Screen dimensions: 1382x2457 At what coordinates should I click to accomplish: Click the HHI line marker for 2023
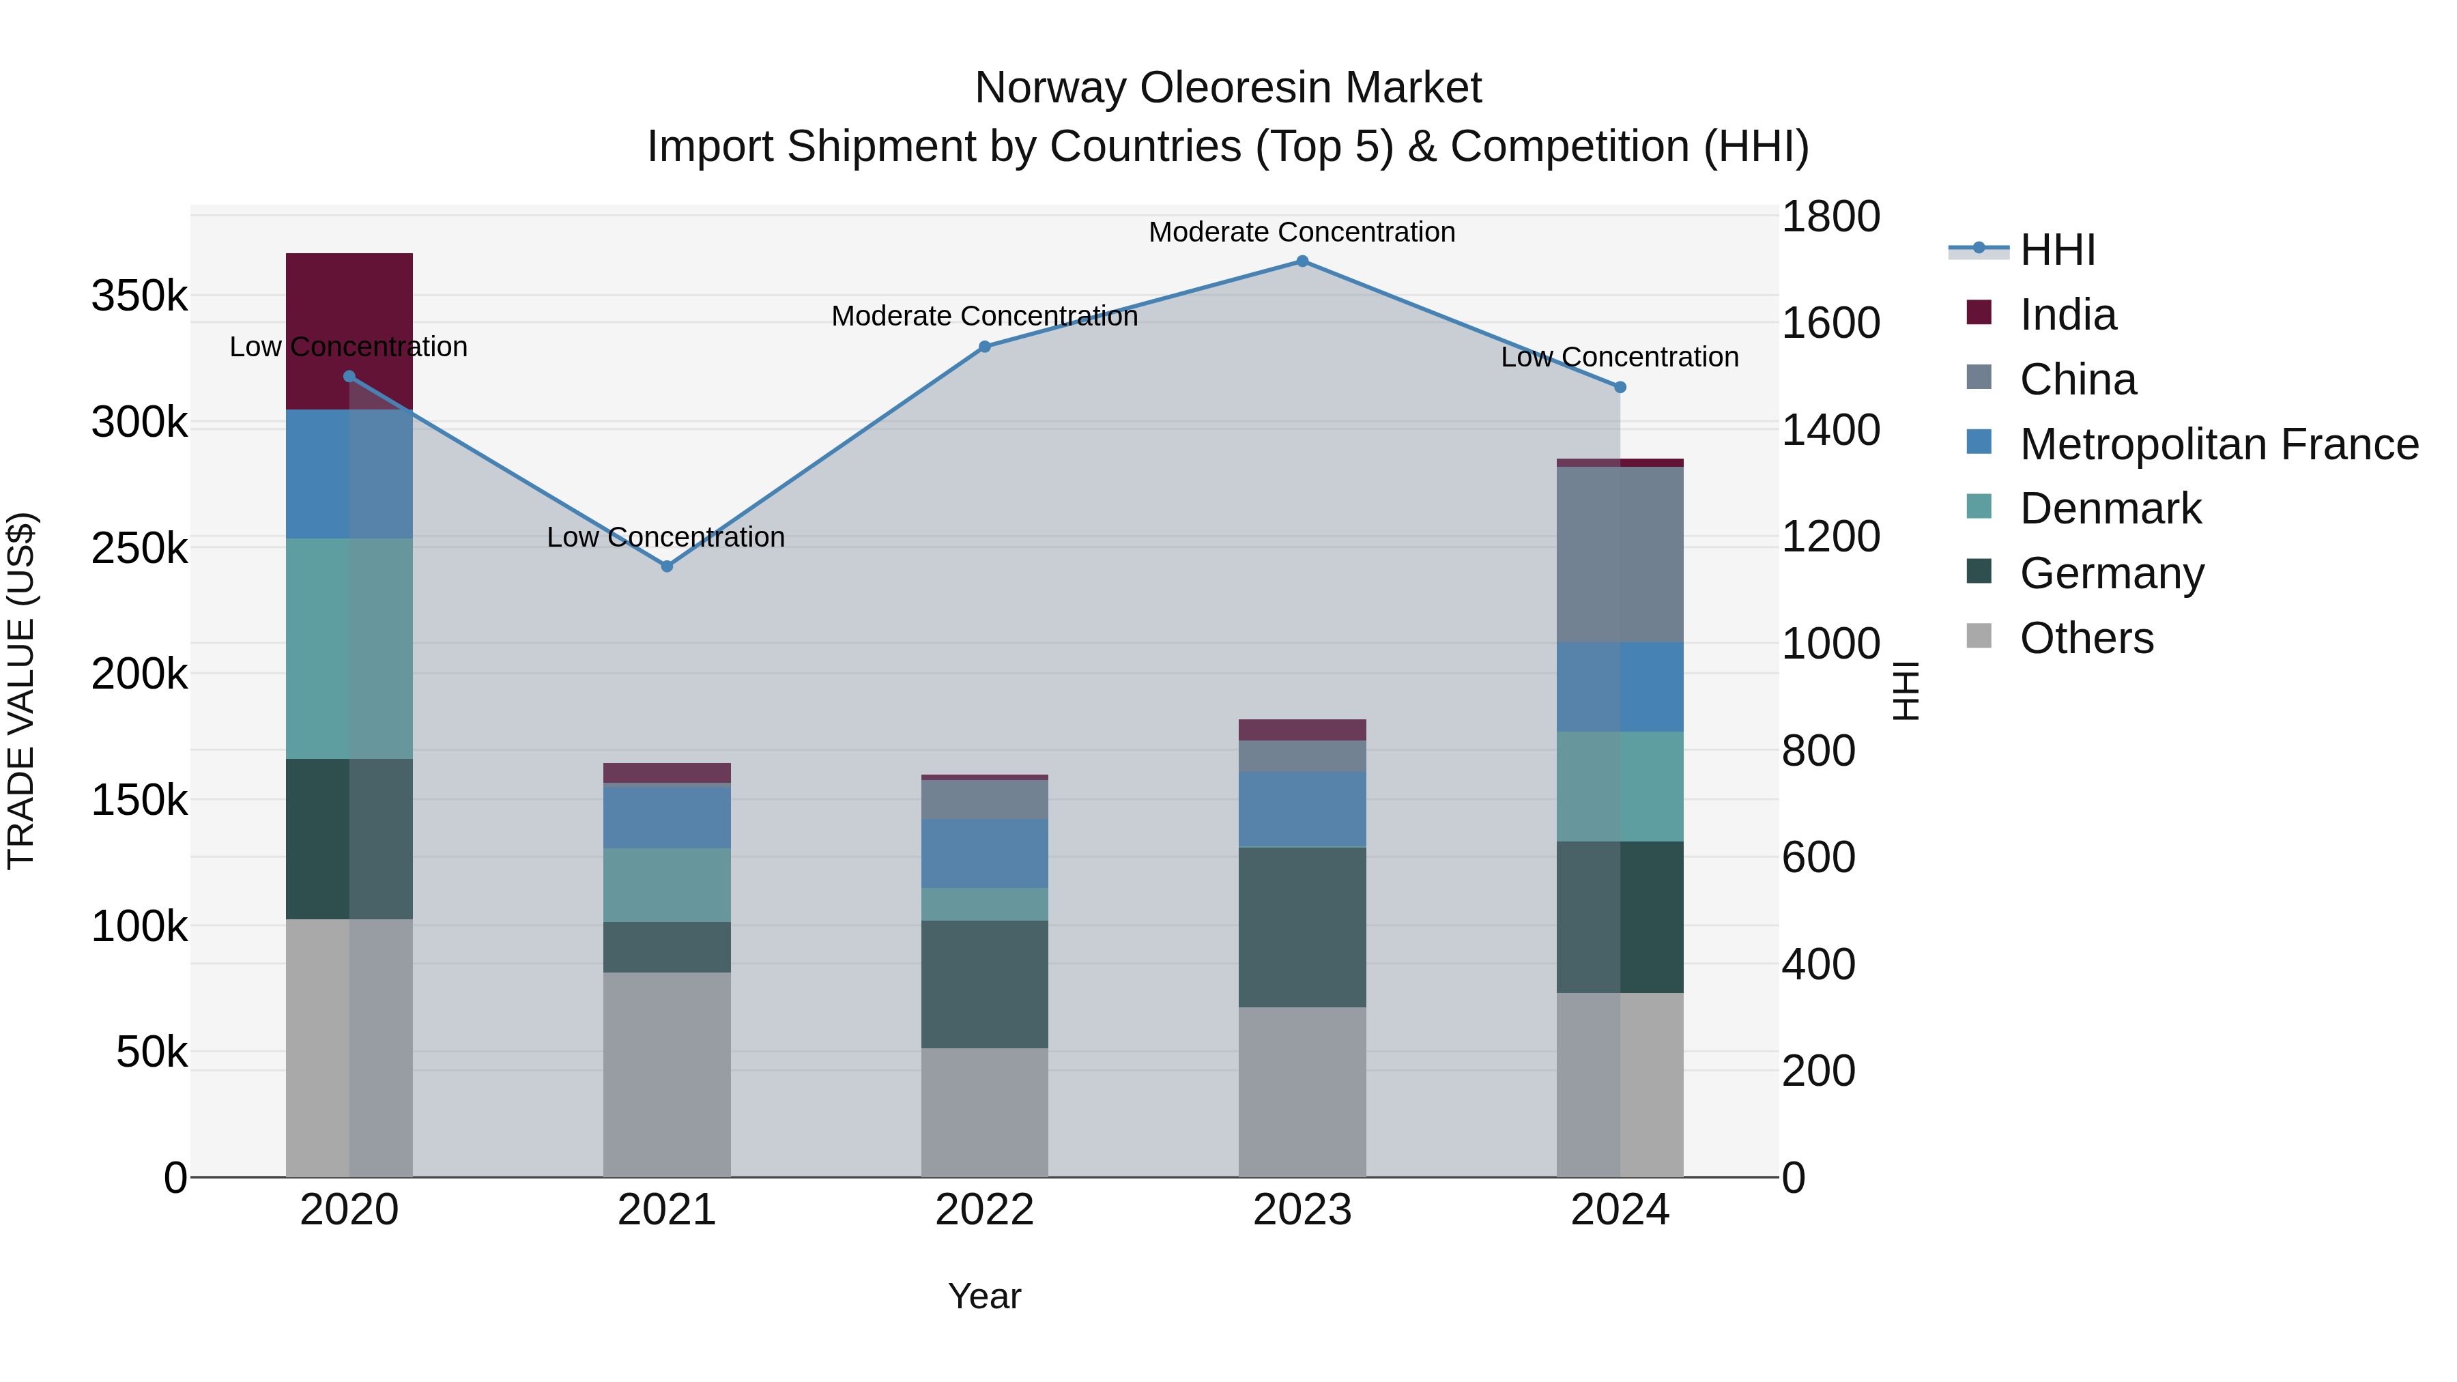pyautogui.click(x=1302, y=261)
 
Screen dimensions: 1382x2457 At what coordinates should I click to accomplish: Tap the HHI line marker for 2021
pyautogui.click(x=667, y=566)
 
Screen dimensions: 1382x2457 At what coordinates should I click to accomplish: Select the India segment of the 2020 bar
pyautogui.click(x=349, y=331)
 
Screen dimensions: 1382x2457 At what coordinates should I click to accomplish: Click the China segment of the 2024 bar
pyautogui.click(x=1620, y=554)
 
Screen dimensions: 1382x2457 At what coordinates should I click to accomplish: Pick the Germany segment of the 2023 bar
pyautogui.click(x=1302, y=926)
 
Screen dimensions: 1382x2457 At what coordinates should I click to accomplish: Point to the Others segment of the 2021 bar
pyautogui.click(x=667, y=1074)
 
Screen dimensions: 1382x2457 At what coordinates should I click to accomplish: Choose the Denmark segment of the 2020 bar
pyautogui.click(x=349, y=648)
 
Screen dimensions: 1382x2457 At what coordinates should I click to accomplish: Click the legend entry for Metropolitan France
pyautogui.click(x=2219, y=444)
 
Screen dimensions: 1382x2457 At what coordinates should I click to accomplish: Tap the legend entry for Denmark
pyautogui.click(x=2110, y=508)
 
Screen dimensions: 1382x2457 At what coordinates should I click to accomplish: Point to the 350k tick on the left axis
pyautogui.click(x=139, y=297)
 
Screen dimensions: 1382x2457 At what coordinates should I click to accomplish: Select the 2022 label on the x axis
pyautogui.click(x=984, y=1210)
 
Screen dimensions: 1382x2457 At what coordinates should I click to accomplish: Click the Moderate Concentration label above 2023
pyautogui.click(x=1302, y=232)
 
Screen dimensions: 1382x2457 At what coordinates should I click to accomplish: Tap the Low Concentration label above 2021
pyautogui.click(x=665, y=537)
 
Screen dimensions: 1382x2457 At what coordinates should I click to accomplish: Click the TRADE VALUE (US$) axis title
pyautogui.click(x=22, y=691)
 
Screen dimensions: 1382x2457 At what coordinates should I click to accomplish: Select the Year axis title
pyautogui.click(x=984, y=1296)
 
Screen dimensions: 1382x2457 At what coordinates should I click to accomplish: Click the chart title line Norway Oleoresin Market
pyautogui.click(x=1228, y=88)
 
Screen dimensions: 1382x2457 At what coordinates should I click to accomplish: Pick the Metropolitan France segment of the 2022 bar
pyautogui.click(x=984, y=854)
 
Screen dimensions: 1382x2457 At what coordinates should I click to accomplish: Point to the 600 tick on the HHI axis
pyautogui.click(x=1818, y=857)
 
